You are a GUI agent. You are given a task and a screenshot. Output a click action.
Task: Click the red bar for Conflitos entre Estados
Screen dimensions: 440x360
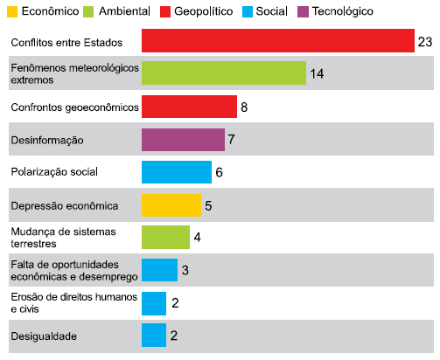(x=278, y=41)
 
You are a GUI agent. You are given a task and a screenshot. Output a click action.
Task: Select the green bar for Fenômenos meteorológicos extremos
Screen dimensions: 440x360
(x=224, y=73)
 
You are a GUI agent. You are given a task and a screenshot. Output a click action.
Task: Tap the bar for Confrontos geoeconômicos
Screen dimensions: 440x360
(x=189, y=107)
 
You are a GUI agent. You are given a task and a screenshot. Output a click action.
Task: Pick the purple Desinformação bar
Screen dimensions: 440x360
(x=183, y=140)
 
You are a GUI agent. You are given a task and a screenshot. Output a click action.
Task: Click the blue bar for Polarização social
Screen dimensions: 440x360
(x=177, y=172)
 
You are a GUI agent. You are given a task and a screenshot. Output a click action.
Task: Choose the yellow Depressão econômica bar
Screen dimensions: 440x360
(x=171, y=205)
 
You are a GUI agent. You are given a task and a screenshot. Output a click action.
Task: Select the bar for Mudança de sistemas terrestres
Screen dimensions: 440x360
(x=165, y=238)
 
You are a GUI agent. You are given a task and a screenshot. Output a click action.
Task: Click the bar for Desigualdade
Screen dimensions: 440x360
(x=154, y=335)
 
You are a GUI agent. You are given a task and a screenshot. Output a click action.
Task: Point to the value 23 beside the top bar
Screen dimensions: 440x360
(x=425, y=42)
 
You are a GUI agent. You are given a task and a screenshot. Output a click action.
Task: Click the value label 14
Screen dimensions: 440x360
(x=317, y=73)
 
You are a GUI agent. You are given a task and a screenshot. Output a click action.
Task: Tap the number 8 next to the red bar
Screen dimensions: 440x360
(x=244, y=107)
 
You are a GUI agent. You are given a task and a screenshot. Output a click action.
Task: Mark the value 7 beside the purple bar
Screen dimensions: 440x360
(x=232, y=139)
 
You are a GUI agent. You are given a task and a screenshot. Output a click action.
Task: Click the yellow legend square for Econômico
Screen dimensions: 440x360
(x=12, y=12)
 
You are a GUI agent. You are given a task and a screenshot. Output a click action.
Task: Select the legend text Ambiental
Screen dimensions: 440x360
(x=124, y=11)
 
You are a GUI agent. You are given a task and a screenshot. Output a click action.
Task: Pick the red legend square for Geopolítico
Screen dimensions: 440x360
(x=165, y=12)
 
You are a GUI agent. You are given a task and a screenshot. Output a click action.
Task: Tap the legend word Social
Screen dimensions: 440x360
(x=271, y=11)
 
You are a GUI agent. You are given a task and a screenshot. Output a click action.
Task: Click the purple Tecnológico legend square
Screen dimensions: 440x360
(x=303, y=12)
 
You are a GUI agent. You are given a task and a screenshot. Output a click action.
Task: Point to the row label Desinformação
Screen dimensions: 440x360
(x=47, y=141)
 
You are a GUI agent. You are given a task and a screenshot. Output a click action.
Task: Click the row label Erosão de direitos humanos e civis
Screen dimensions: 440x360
(x=74, y=303)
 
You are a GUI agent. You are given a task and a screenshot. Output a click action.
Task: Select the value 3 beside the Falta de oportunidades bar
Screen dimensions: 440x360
(x=185, y=270)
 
